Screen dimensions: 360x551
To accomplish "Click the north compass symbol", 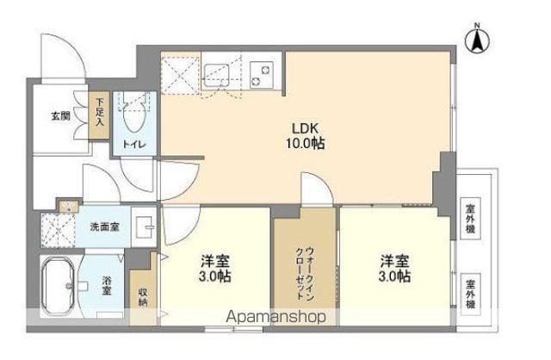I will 475,39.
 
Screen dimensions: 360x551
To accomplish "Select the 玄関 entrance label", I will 60,115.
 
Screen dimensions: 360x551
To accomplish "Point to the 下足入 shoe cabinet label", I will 101,111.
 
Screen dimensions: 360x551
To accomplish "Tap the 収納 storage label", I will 142,295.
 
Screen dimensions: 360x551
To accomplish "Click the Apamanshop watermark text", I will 276,316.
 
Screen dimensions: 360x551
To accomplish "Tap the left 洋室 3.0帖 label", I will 215,269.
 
